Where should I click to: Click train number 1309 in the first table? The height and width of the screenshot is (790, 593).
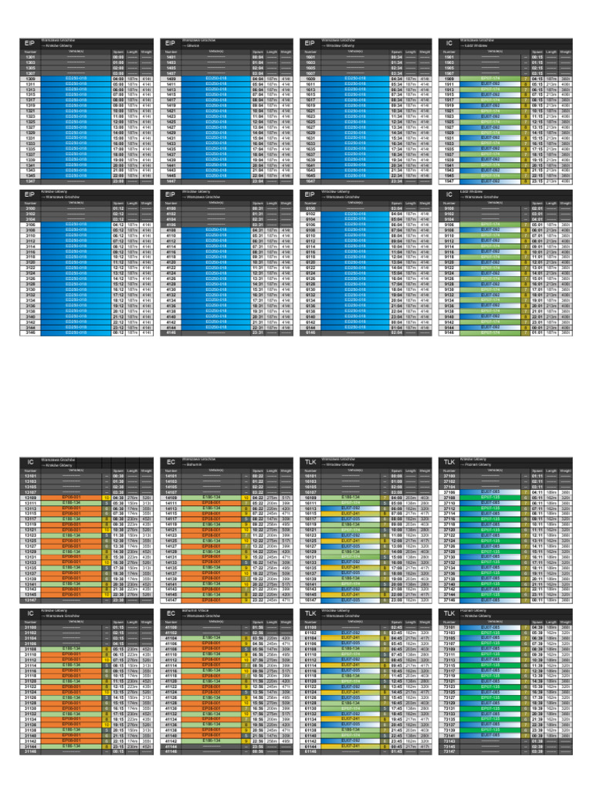(32, 78)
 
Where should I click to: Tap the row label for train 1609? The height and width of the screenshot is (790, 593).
(312, 78)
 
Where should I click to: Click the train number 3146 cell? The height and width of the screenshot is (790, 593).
(32, 333)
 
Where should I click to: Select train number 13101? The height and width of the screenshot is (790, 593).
(32, 477)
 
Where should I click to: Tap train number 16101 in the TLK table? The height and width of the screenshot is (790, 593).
(312, 477)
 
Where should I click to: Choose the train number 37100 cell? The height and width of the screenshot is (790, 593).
(452, 477)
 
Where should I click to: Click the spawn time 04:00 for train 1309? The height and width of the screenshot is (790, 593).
(118, 78)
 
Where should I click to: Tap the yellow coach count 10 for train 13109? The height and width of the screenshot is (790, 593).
(105, 498)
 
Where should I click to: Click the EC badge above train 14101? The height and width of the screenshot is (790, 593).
(171, 463)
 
